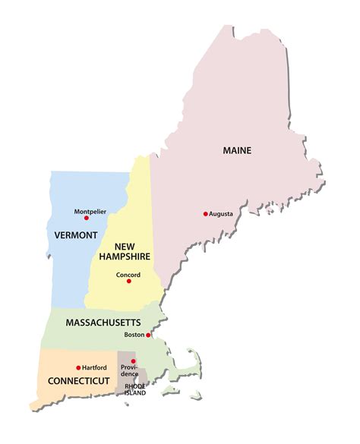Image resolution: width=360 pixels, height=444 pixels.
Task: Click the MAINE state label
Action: pyautogui.click(x=237, y=150)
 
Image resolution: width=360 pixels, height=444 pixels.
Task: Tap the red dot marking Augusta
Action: pyautogui.click(x=205, y=214)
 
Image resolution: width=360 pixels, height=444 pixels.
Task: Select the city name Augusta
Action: pyautogui.click(x=221, y=214)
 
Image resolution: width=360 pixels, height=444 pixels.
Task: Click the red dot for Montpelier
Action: pyautogui.click(x=86, y=218)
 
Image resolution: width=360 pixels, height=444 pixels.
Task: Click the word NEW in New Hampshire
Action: pyautogui.click(x=125, y=246)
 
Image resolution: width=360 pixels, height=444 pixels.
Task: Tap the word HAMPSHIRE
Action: pyautogui.click(x=125, y=257)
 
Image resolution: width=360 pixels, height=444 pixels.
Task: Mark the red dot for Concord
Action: pyautogui.click(x=129, y=282)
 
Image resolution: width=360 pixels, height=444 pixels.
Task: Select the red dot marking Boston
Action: pyautogui.click(x=149, y=335)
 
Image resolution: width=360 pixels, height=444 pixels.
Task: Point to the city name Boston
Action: pyautogui.click(x=134, y=335)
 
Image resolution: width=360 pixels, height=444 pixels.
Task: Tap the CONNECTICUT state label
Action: pyautogui.click(x=79, y=379)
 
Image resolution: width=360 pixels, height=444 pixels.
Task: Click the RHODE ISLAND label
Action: pyautogui.click(x=135, y=389)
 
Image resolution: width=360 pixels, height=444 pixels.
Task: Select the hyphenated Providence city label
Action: pyautogui.click(x=129, y=371)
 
